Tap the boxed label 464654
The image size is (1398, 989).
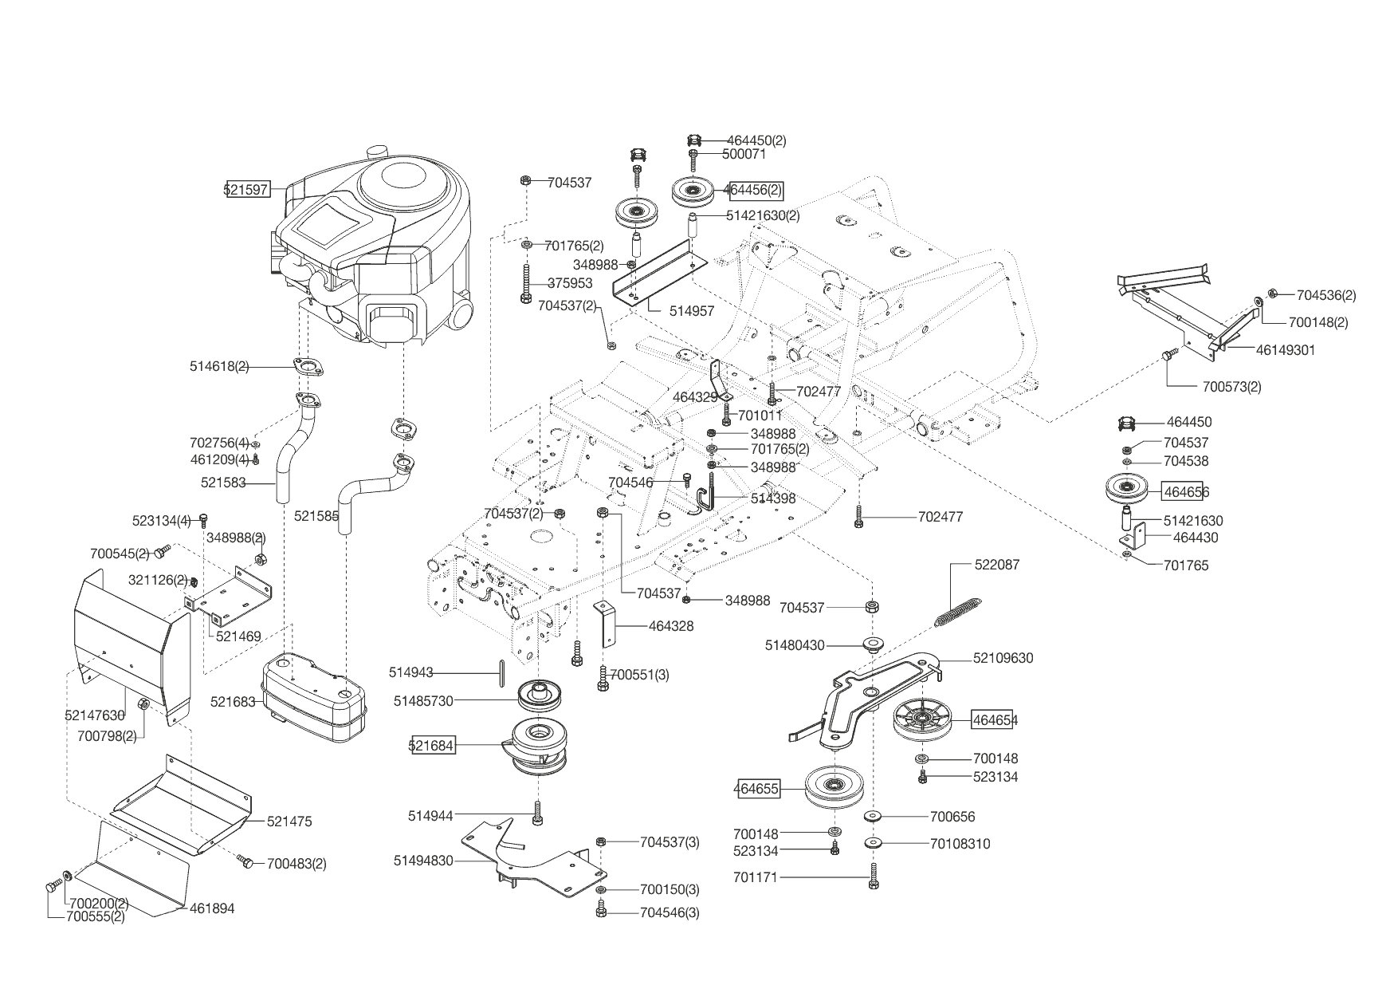[x=995, y=720]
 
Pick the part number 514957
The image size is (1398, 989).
[x=692, y=311]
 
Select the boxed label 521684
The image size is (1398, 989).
[x=433, y=746]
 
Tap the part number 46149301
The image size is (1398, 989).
[x=1286, y=349]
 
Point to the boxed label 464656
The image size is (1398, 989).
[x=1186, y=492]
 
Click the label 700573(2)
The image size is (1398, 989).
[x=1231, y=387]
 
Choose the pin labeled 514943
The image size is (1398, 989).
[x=501, y=672]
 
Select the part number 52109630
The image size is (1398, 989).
[x=1003, y=658]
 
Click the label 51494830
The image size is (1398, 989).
[x=423, y=861]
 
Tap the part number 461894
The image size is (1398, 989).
[x=211, y=908]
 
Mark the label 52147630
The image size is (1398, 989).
[x=95, y=715]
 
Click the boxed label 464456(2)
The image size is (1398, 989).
[x=752, y=191]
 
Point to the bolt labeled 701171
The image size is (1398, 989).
[x=874, y=876]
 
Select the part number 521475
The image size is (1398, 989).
[x=289, y=821]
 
